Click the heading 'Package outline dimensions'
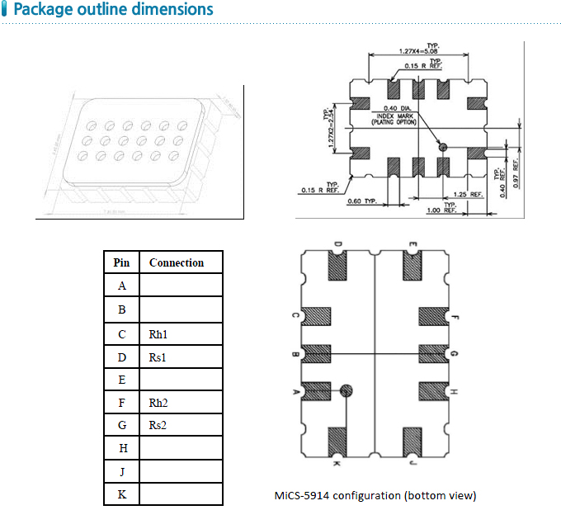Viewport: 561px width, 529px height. coord(113,10)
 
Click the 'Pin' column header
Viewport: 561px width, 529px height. coord(121,262)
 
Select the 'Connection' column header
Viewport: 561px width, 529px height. coord(176,262)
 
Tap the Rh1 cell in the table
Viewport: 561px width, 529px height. coord(159,335)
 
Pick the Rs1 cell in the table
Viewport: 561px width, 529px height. coord(158,357)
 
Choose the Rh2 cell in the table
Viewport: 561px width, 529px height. coord(159,403)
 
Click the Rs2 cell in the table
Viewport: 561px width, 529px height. coord(158,425)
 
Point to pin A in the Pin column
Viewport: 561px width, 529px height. coord(122,286)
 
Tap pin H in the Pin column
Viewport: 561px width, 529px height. coord(122,448)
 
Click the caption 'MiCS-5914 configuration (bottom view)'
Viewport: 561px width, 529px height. coord(375,495)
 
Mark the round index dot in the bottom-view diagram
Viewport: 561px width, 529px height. coord(347,390)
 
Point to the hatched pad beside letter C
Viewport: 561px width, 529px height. coord(316,317)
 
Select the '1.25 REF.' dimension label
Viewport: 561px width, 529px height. coord(467,195)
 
